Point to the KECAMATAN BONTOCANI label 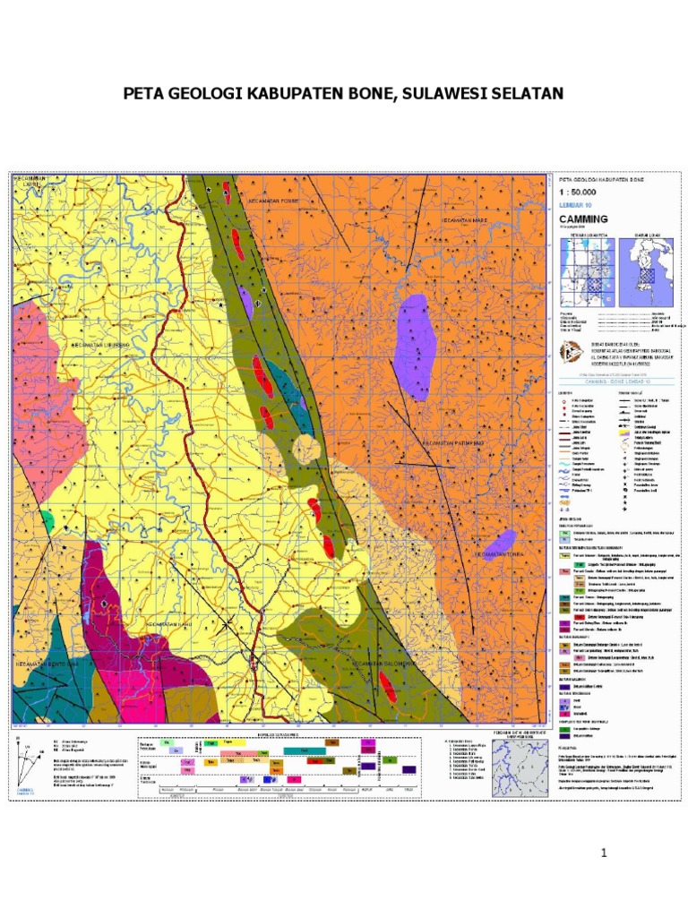click(x=47, y=664)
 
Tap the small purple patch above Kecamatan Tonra click(x=499, y=542)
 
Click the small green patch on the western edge click(x=47, y=518)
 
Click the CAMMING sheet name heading click(x=583, y=219)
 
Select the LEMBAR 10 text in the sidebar click(x=576, y=205)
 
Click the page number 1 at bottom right click(x=605, y=853)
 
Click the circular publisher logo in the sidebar click(x=568, y=352)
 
